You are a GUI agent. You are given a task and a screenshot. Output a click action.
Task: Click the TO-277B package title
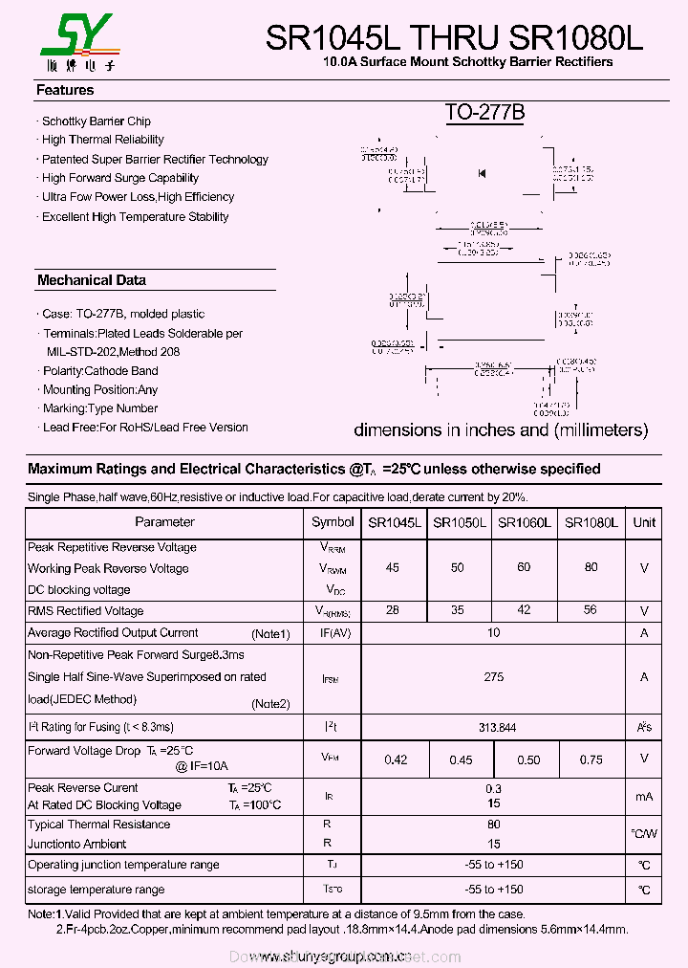tap(484, 113)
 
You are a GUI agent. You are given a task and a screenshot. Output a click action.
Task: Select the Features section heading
tap(65, 90)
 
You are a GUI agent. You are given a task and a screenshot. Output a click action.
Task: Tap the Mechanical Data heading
tap(92, 280)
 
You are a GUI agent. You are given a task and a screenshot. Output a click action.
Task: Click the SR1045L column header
tap(394, 522)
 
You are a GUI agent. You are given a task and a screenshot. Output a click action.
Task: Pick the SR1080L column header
tap(591, 522)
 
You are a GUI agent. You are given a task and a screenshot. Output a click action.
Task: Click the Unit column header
tap(644, 522)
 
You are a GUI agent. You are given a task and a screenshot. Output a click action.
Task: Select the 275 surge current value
tap(493, 676)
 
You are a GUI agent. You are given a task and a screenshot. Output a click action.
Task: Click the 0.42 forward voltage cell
tap(396, 760)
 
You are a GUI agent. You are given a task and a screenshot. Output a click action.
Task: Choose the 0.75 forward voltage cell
tap(591, 760)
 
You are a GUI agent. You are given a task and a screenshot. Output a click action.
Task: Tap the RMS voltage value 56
tap(591, 610)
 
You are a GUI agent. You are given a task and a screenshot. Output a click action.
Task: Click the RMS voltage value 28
tap(393, 610)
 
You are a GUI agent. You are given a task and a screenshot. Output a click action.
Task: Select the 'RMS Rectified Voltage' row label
tap(86, 611)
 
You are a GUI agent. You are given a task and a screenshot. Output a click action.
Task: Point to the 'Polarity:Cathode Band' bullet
tap(100, 371)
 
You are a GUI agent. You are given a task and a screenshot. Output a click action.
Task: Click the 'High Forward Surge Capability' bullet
tap(119, 178)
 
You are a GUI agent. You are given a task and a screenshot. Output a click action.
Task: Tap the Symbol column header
tap(333, 522)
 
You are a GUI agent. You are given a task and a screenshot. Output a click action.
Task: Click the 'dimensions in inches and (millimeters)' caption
tap(501, 429)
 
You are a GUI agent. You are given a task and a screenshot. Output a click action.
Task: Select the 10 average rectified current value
tap(493, 633)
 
